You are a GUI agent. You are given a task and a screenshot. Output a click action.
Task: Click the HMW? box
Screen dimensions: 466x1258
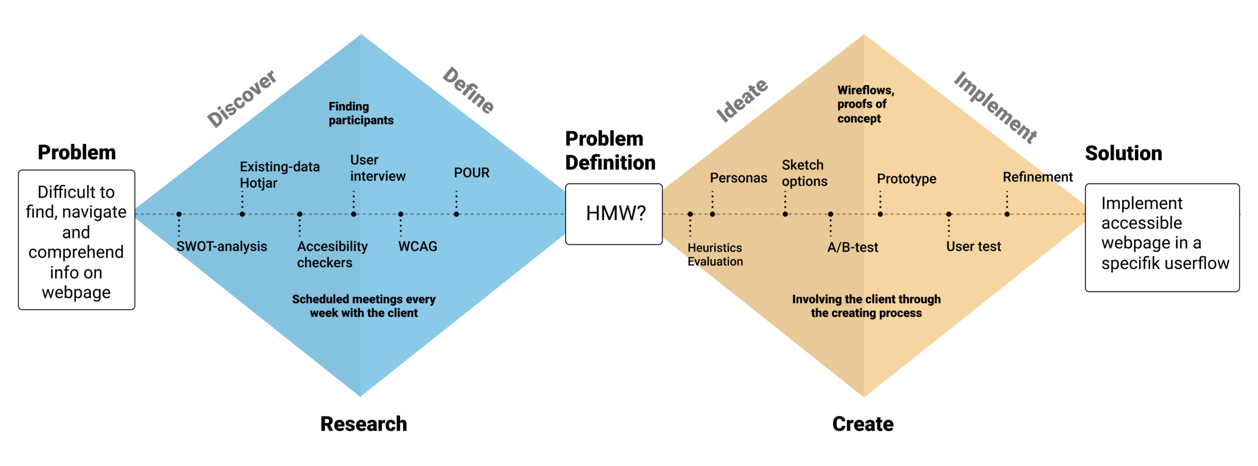[614, 214]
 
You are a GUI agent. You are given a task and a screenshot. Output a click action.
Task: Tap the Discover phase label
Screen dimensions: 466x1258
[242, 98]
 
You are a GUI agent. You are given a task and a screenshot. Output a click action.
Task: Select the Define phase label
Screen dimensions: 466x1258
[468, 90]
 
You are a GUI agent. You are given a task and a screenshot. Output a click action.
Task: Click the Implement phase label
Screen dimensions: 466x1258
[996, 108]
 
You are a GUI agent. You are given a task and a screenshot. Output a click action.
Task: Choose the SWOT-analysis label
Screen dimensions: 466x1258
[222, 246]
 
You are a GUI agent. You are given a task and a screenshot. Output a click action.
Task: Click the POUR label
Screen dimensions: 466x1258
[471, 173]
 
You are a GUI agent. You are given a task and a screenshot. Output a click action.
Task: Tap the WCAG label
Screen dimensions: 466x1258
[418, 246]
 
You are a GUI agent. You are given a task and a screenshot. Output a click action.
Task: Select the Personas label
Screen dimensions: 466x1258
[738, 178]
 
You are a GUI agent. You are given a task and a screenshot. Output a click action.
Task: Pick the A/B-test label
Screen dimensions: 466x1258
[853, 247]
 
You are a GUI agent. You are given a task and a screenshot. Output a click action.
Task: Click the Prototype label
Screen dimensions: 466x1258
[907, 179]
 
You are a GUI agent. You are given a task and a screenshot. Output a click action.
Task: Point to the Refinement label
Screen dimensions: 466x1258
[1037, 177]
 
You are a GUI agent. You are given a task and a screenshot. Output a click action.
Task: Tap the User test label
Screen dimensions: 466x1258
[973, 246]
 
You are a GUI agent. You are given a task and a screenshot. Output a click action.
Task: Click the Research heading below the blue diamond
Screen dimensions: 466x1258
[364, 424]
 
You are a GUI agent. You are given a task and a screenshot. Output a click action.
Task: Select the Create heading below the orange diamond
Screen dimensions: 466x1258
[863, 424]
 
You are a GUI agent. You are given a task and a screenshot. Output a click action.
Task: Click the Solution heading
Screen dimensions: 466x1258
[1123, 153]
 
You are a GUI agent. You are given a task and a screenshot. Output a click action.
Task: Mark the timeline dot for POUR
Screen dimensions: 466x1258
[457, 214]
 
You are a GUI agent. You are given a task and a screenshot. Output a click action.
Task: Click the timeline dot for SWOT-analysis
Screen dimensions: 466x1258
[179, 214]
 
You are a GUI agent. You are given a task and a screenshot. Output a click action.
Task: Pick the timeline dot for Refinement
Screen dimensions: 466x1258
[1007, 214]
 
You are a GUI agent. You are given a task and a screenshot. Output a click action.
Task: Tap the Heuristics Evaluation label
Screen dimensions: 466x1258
[715, 255]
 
